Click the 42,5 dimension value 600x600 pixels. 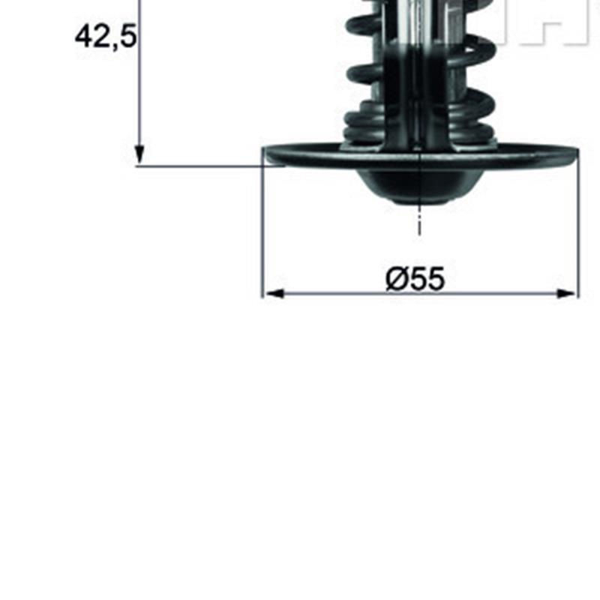(106, 37)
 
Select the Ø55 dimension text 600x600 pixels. (415, 278)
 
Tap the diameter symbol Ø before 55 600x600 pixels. (397, 278)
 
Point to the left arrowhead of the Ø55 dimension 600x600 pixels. (274, 293)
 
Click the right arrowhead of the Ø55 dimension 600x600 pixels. (566, 293)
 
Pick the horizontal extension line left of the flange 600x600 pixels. (211, 166)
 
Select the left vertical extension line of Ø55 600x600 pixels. (262, 223)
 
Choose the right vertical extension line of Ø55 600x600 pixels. (579, 223)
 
